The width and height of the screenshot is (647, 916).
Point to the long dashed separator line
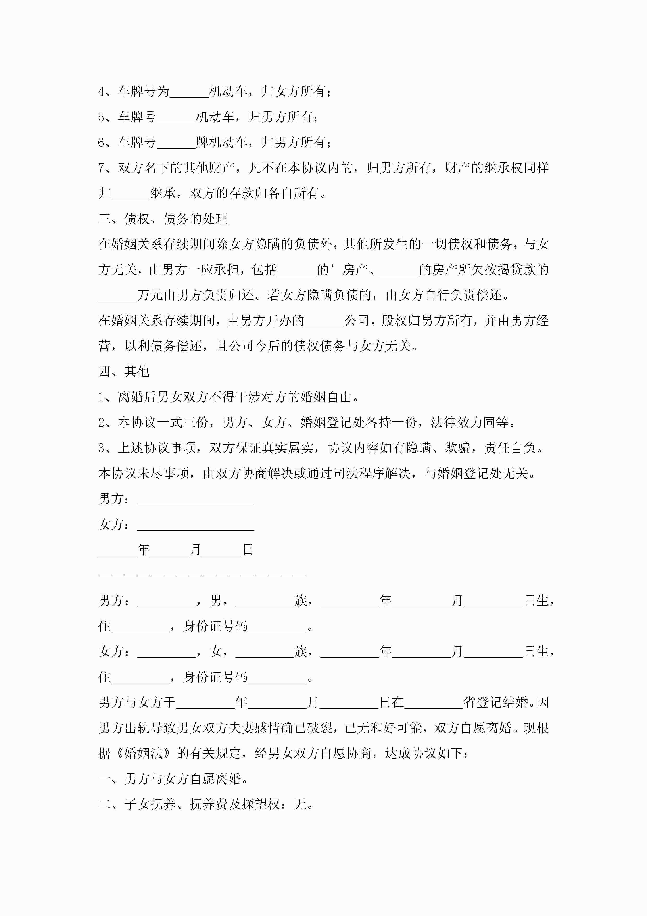[202, 574]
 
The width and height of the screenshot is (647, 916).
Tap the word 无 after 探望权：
[300, 804]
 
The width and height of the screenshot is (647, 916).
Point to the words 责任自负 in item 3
[510, 448]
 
